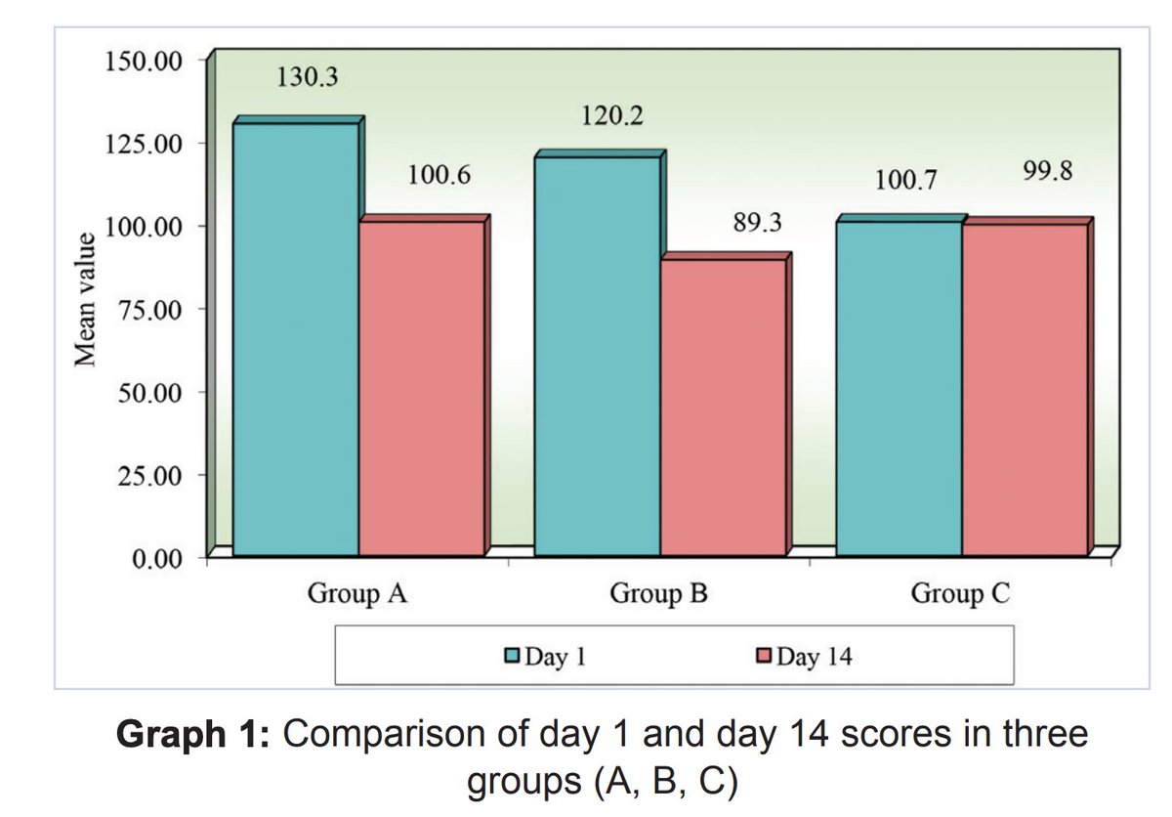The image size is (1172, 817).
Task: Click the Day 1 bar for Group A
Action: pyautogui.click(x=296, y=338)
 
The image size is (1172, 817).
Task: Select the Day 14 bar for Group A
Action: pyautogui.click(x=421, y=387)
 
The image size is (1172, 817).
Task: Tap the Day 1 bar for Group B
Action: pyautogui.click(x=598, y=355)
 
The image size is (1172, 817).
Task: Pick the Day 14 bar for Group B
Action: pyautogui.click(x=723, y=406)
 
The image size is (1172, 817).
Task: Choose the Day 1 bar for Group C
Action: pyautogui.click(x=900, y=387)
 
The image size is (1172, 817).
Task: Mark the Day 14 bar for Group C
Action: pyautogui.click(x=1024, y=389)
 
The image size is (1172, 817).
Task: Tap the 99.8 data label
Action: pyautogui.click(x=1048, y=171)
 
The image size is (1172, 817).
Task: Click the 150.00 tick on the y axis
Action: pyautogui.click(x=142, y=62)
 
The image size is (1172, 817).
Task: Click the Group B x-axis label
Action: pyautogui.click(x=658, y=593)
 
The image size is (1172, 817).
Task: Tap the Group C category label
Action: pyautogui.click(x=960, y=593)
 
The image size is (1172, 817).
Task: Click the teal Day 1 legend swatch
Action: pyautogui.click(x=512, y=656)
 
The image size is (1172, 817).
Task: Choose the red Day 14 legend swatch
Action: pyautogui.click(x=764, y=656)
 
